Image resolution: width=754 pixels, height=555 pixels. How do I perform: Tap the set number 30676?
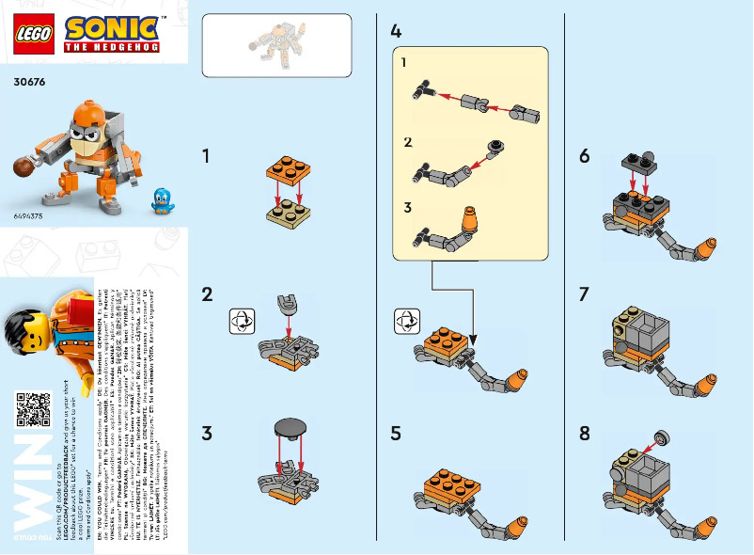click(x=29, y=82)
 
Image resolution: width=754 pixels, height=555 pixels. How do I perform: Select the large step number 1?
click(x=207, y=156)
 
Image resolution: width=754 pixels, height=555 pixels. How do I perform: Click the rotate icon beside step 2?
click(x=242, y=320)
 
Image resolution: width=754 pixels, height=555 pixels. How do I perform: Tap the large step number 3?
click(x=207, y=434)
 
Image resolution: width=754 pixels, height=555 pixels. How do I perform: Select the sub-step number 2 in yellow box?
click(x=407, y=142)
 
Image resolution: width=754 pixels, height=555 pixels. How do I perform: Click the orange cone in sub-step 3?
click(x=468, y=223)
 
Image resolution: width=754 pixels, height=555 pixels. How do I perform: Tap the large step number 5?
click(x=396, y=434)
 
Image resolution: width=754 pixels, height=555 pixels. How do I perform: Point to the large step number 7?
click(x=585, y=294)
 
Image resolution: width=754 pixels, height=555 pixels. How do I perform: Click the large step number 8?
click(x=585, y=434)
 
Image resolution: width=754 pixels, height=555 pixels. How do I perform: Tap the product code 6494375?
click(x=27, y=215)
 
